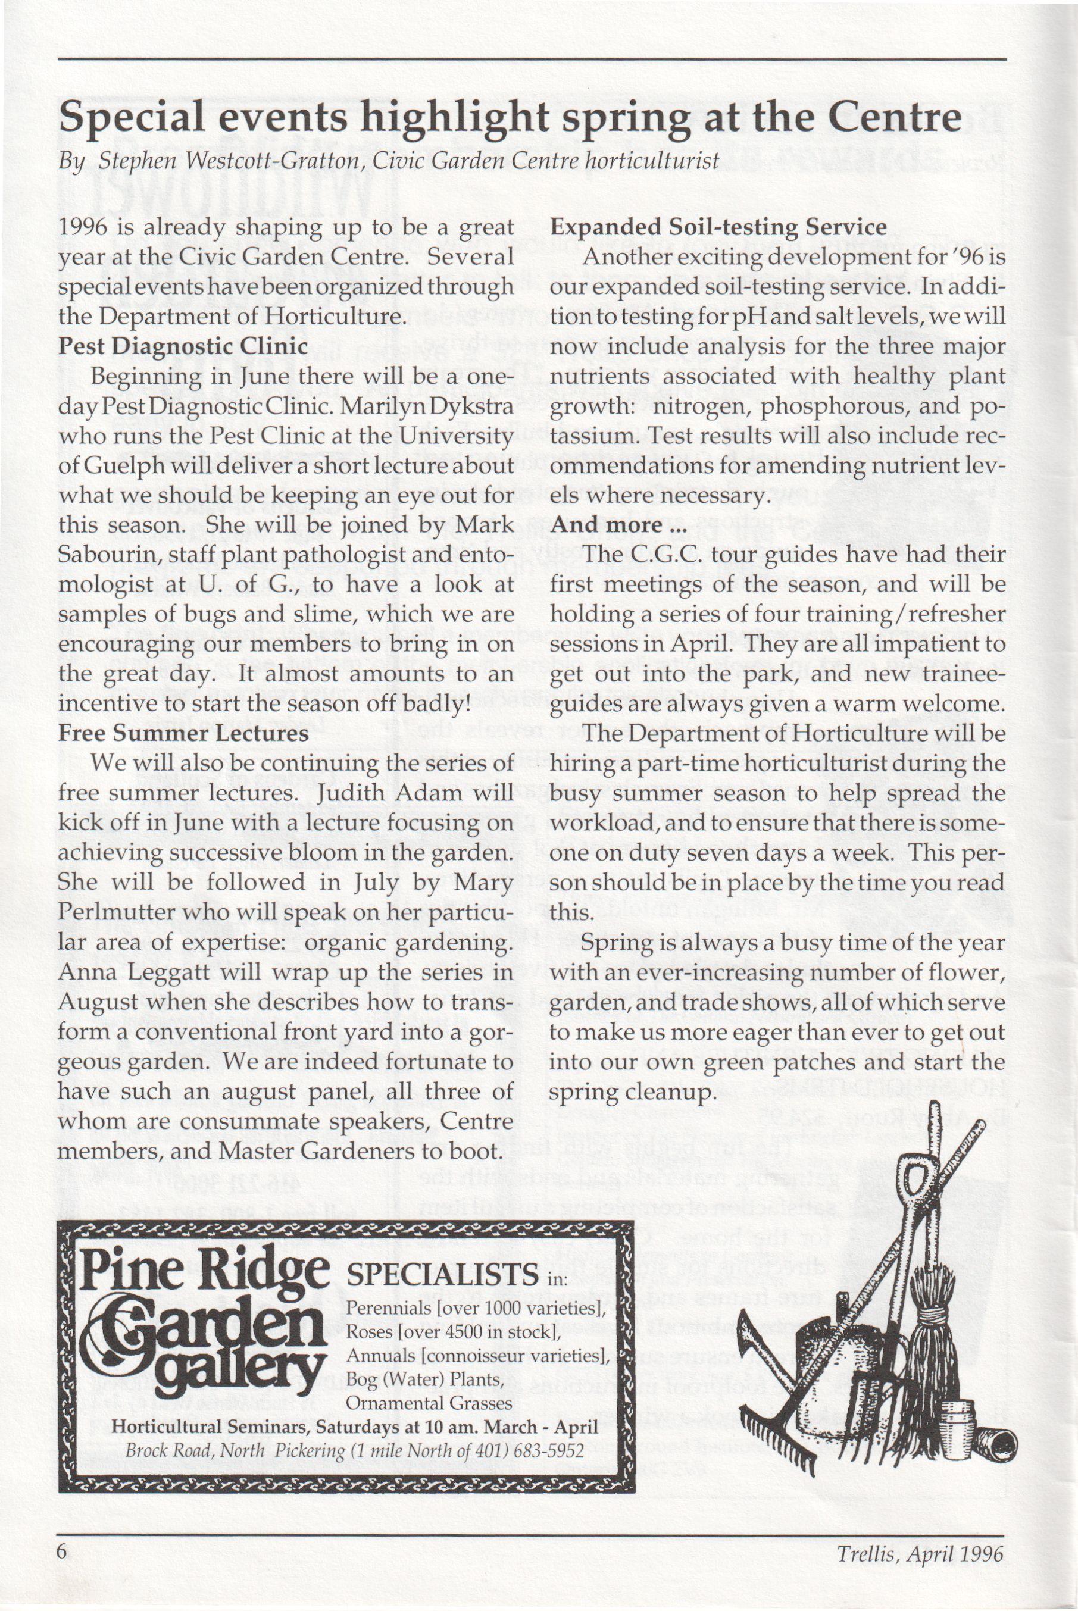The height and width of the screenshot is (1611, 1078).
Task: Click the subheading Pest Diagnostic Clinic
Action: tap(182, 345)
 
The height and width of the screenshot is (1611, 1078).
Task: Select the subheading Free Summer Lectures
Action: tap(183, 733)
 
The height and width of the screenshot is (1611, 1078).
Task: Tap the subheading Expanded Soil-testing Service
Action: tap(718, 226)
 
